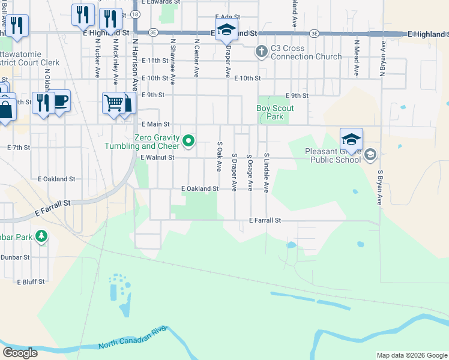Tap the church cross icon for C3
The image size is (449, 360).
click(261, 52)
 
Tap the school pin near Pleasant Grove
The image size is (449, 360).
click(351, 140)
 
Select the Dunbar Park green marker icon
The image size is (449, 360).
click(41, 236)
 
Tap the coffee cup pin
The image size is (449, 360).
click(61, 101)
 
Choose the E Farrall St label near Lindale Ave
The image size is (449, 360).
click(265, 221)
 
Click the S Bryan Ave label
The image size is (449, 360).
click(380, 187)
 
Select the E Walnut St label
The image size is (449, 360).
click(157, 158)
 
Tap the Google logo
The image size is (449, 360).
click(20, 353)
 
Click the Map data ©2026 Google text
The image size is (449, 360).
click(412, 355)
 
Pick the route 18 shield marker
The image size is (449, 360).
click(136, 13)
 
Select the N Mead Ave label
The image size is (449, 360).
click(357, 58)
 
